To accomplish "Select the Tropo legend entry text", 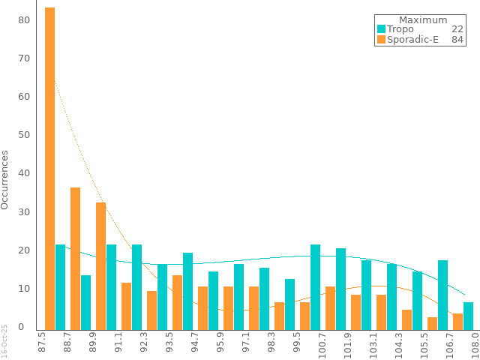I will coord(400,29).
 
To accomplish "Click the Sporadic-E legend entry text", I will coord(412,40).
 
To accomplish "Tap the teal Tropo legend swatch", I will coord(381,29).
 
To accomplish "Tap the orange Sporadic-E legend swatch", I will coord(381,40).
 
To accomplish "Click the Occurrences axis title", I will coord(5,180).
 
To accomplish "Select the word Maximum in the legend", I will coord(423,20).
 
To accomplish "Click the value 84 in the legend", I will coord(457,40).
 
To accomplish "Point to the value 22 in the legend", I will coord(457,29).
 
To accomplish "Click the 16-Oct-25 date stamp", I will coord(4,340).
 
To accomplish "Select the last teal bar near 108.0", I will coord(468,314).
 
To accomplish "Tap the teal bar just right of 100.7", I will coord(316,286).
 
